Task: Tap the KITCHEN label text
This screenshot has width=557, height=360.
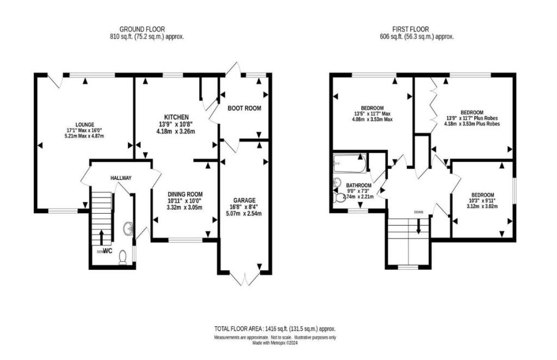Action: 177,117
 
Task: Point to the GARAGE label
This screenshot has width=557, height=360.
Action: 244,200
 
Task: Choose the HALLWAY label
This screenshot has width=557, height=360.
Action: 121,178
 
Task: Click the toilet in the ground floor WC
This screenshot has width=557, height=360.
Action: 123,256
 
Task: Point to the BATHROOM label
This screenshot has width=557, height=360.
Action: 359,185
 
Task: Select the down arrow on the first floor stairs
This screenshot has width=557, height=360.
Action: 418,226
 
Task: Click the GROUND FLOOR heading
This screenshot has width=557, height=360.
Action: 142,29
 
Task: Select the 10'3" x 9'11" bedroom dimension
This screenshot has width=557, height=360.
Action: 482,201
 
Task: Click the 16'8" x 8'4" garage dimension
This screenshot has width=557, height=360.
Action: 244,207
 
